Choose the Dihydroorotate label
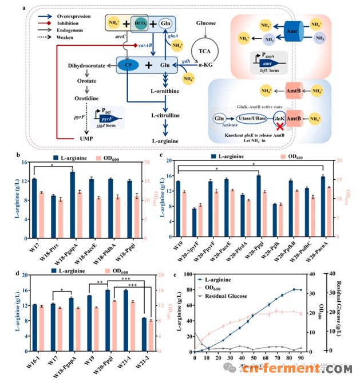(85, 66)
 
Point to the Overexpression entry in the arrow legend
(55, 17)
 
